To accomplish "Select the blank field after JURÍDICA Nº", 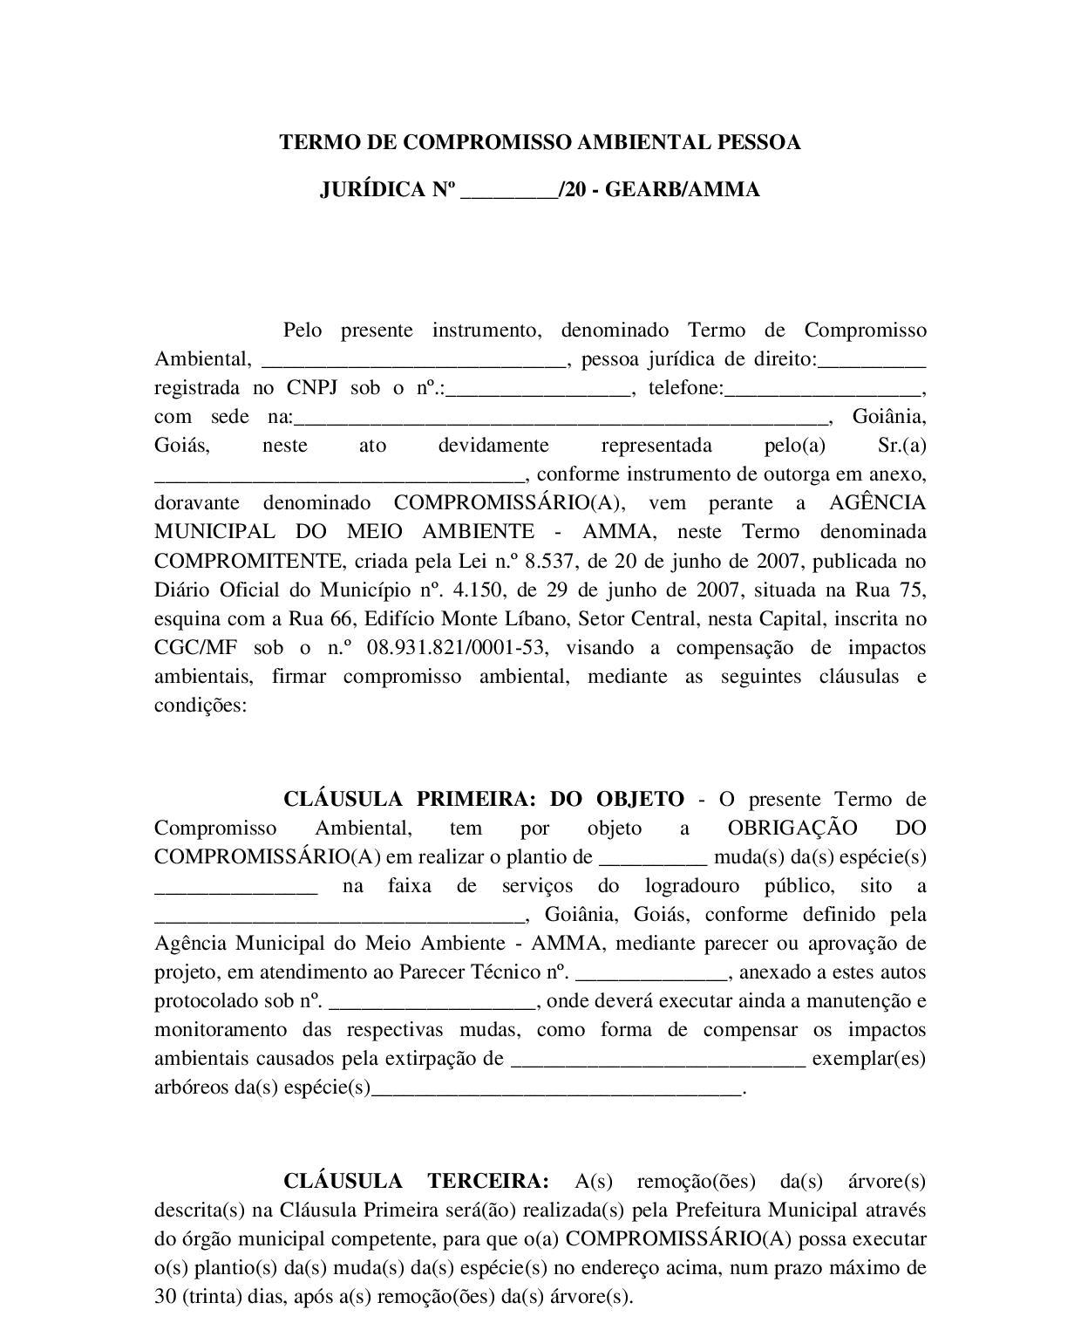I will pos(509,190).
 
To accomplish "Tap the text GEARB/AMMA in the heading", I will pos(682,189).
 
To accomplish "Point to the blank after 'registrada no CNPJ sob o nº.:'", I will pos(538,389).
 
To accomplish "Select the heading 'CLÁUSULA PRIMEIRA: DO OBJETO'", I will pos(484,799).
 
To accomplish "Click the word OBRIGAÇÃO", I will pos(792,828).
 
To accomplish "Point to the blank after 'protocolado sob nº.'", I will pos(432,1001).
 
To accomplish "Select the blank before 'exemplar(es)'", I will pos(658,1059).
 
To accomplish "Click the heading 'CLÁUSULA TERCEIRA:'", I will pos(416,1181).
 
